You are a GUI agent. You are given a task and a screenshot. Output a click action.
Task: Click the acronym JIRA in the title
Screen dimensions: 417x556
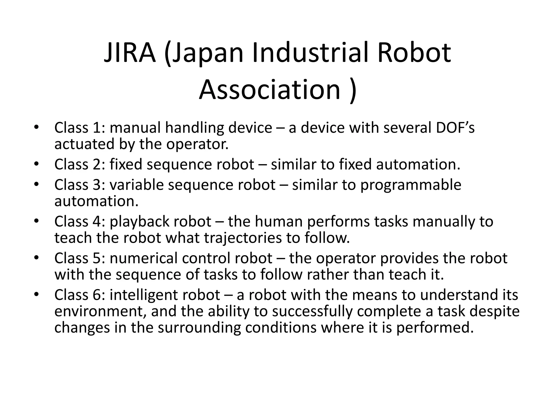click(x=130, y=53)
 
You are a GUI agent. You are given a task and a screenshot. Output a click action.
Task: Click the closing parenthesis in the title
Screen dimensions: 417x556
click(x=352, y=90)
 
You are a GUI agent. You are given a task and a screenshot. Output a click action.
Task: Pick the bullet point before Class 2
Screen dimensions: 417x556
click(x=37, y=164)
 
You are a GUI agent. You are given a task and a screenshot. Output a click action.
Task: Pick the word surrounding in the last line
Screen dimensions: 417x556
click(x=199, y=327)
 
